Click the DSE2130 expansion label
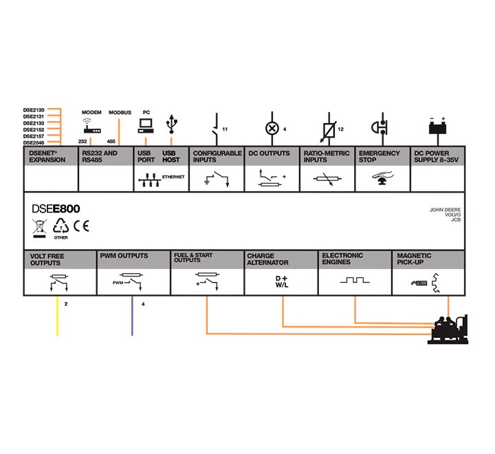(34, 110)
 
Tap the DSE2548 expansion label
(34, 143)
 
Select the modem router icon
(91, 126)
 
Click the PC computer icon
(146, 126)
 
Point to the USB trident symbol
(171, 124)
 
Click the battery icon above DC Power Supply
(437, 126)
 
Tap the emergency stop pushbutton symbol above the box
(379, 127)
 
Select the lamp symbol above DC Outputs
(272, 129)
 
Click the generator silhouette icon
(448, 329)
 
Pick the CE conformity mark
(81, 226)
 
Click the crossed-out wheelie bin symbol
(39, 228)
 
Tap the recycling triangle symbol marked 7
(60, 226)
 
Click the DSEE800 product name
(56, 209)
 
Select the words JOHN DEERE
(445, 210)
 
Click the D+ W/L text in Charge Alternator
(282, 281)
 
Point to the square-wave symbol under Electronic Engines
(355, 280)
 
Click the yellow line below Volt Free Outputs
(57, 316)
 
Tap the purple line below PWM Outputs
(132, 316)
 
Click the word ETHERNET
(173, 177)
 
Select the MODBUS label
(120, 113)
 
